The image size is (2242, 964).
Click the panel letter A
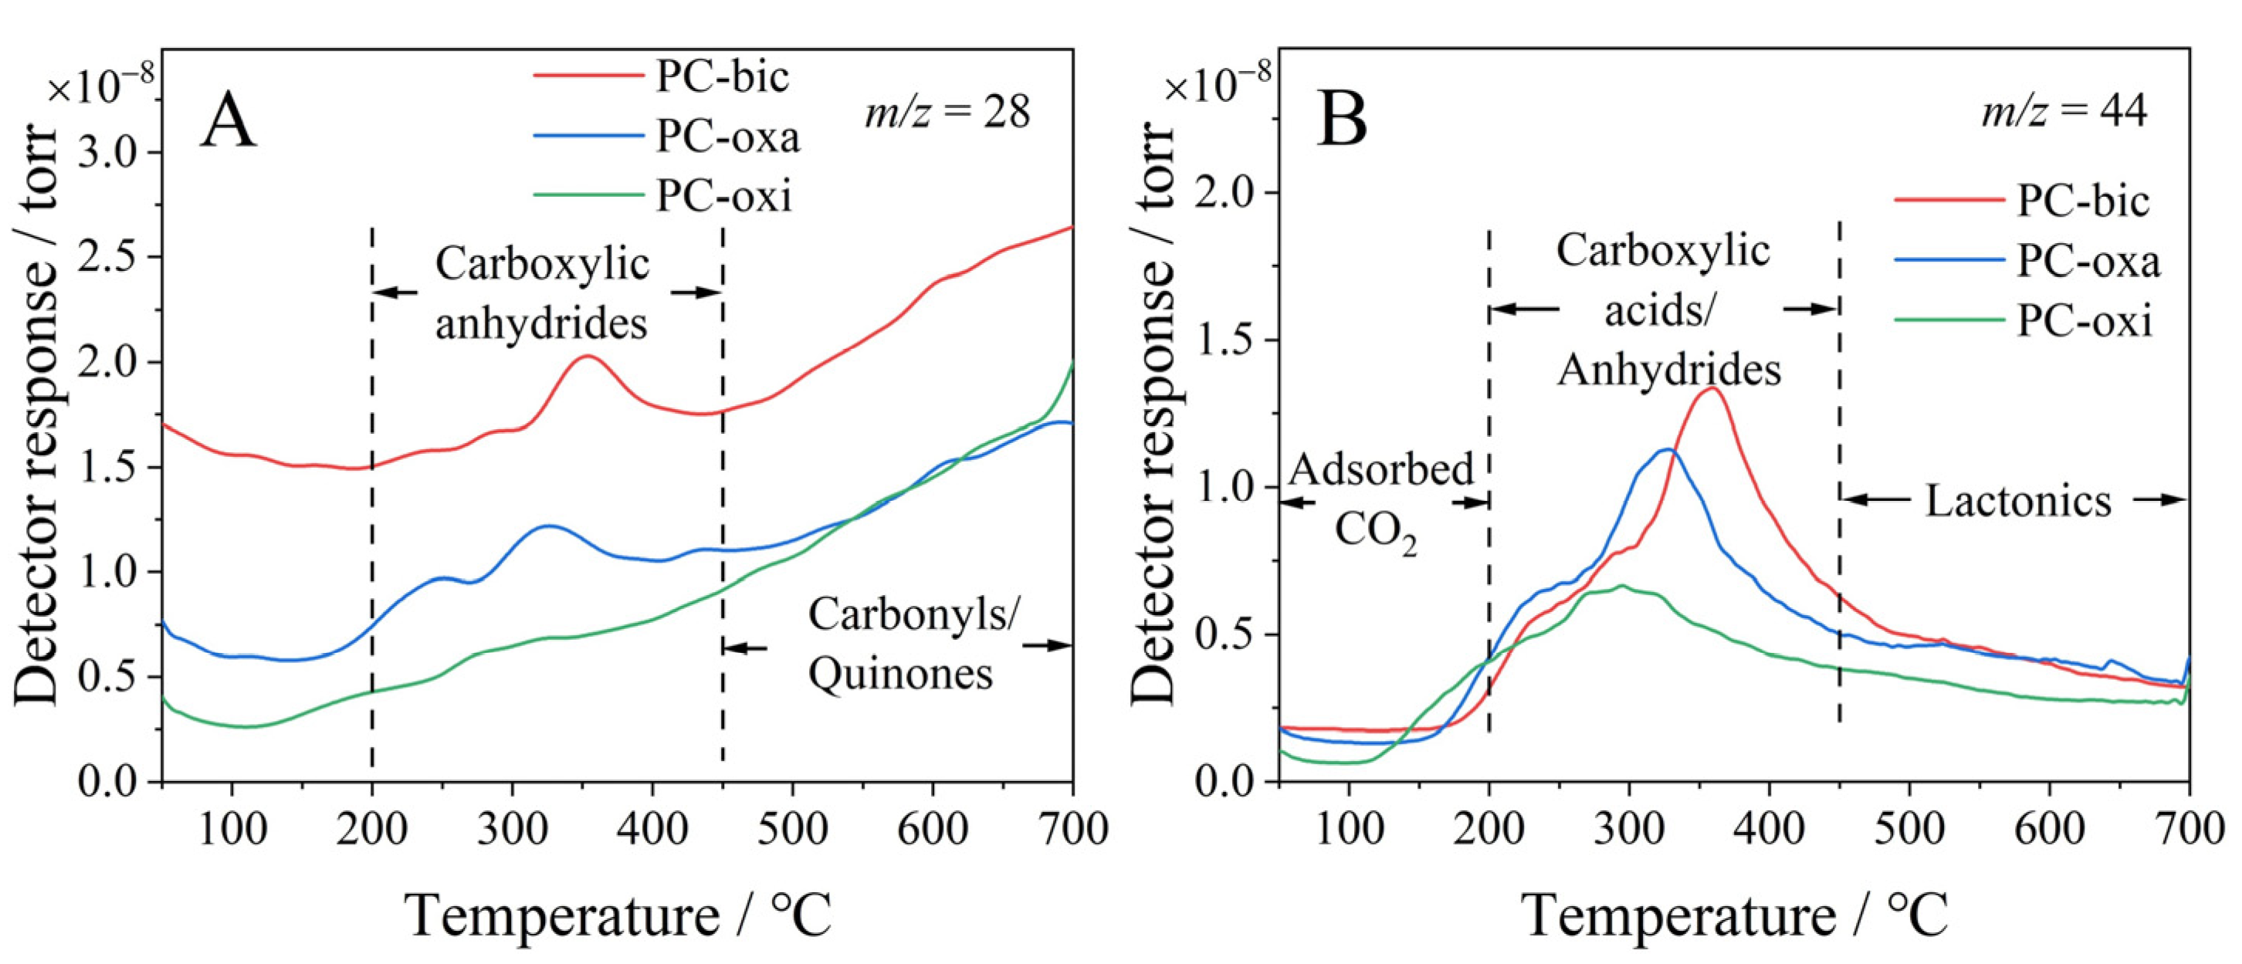[228, 121]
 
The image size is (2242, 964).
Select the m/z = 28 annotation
[947, 113]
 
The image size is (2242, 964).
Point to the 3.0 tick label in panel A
[108, 152]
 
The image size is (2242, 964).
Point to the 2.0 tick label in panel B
[1225, 192]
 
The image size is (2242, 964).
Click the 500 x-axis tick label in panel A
[792, 829]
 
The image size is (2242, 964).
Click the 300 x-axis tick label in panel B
[1629, 829]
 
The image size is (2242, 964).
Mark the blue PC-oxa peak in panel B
[1667, 450]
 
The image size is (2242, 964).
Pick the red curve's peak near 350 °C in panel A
[588, 356]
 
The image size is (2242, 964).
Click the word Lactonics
[2017, 501]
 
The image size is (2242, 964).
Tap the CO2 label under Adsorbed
[1375, 531]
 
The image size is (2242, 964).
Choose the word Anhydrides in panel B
[1668, 370]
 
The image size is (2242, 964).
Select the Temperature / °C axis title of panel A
[617, 916]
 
